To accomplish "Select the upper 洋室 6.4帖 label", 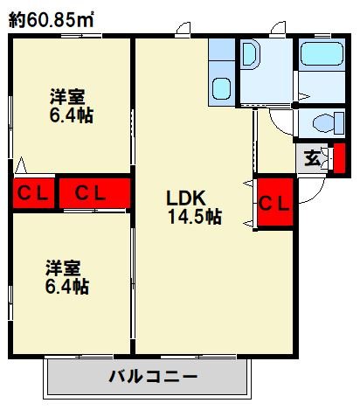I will [x=71, y=105].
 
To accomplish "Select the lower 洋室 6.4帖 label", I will [x=67, y=276].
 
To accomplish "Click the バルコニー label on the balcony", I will [x=154, y=377].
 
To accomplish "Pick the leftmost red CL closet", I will [x=34, y=193].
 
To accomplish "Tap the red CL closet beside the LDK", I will [x=274, y=203].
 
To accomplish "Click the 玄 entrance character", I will [x=312, y=159].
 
